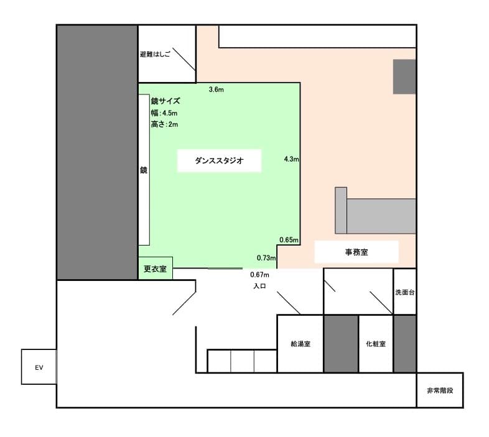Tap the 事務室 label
[x=356, y=252]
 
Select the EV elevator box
[x=39, y=367]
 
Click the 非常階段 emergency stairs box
[x=439, y=390]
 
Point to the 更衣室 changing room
[x=155, y=269]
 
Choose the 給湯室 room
[x=300, y=343]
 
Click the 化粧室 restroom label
[x=375, y=343]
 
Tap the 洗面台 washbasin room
[x=404, y=292]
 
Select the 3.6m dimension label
[x=216, y=90]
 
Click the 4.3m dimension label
[x=291, y=159]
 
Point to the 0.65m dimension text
[x=289, y=240]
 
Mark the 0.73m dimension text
[x=266, y=257]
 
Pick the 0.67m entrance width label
[x=259, y=275]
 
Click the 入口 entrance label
[x=260, y=287]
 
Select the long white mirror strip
[x=144, y=170]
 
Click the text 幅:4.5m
[x=164, y=113]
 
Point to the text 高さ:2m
[x=164, y=124]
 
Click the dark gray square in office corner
[x=404, y=76]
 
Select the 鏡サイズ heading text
[x=165, y=101]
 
